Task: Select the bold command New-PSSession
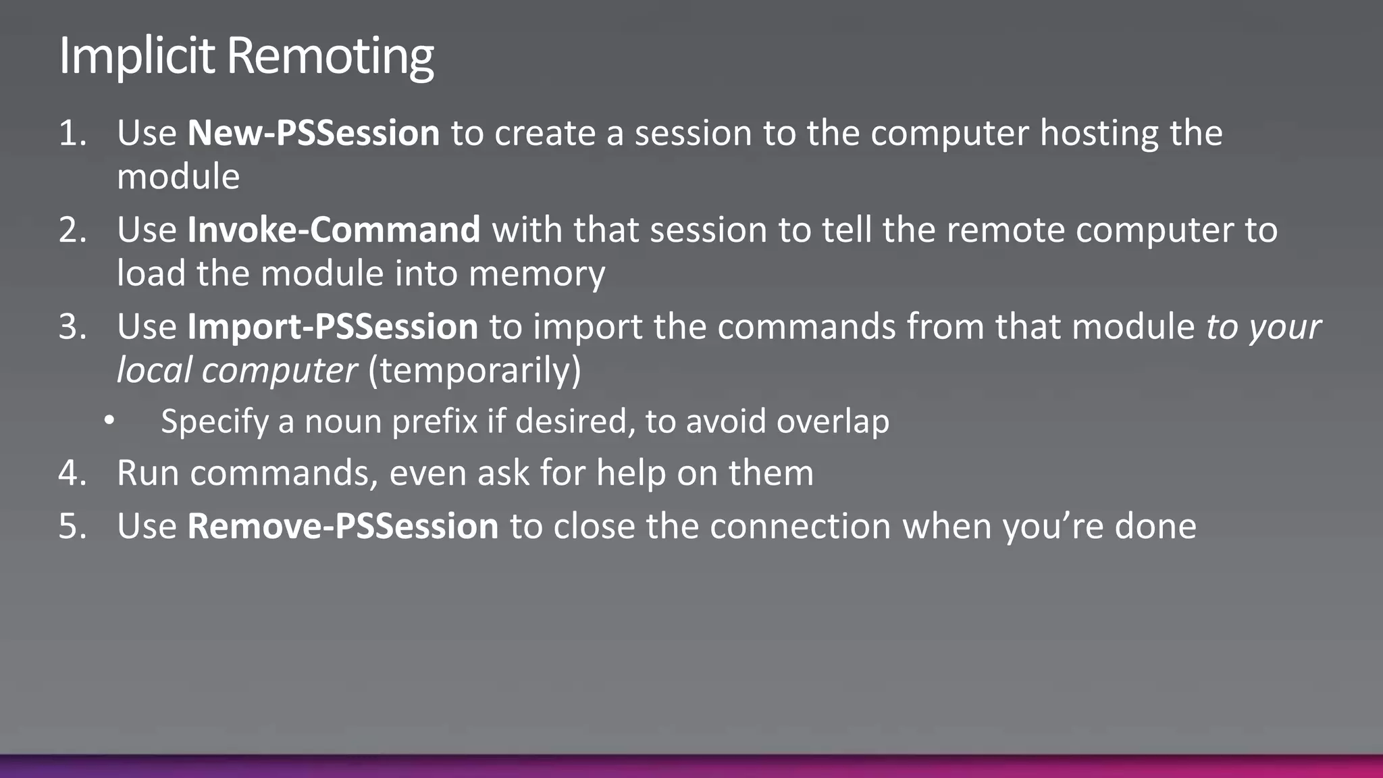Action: click(x=313, y=132)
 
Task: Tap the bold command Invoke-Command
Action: click(x=334, y=230)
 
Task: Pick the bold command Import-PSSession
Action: click(x=332, y=327)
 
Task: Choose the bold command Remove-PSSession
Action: click(x=342, y=526)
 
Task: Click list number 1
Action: click(x=72, y=133)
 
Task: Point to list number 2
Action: click(x=72, y=230)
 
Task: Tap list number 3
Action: click(x=72, y=328)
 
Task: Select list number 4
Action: click(x=72, y=473)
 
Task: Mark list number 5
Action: click(x=72, y=527)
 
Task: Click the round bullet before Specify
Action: click(x=109, y=421)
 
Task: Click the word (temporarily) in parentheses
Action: click(x=474, y=370)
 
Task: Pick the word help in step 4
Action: click(x=631, y=473)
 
